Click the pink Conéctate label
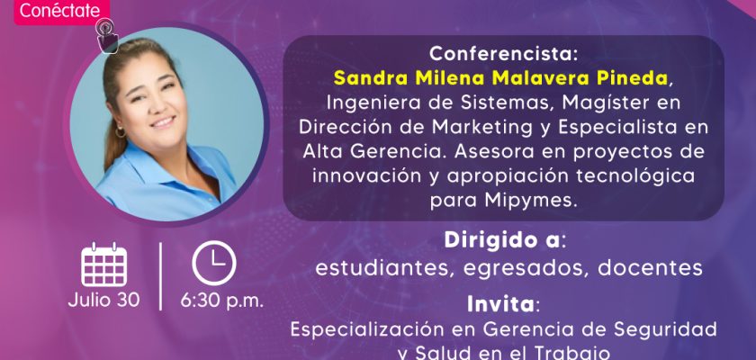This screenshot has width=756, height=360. pyautogui.click(x=61, y=11)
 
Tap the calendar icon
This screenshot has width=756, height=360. pyautogui.click(x=103, y=265)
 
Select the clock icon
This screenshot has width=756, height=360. pyautogui.click(x=214, y=263)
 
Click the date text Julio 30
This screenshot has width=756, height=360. pyautogui.click(x=103, y=300)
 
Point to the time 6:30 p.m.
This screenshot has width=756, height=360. pyautogui.click(x=222, y=301)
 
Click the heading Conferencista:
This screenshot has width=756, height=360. pyautogui.click(x=503, y=53)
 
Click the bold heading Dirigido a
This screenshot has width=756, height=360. pyautogui.click(x=502, y=240)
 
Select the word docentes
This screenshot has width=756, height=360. pyautogui.click(x=652, y=267)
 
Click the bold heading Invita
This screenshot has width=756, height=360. pyautogui.click(x=500, y=304)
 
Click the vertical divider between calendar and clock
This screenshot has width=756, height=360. pyautogui.click(x=160, y=276)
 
